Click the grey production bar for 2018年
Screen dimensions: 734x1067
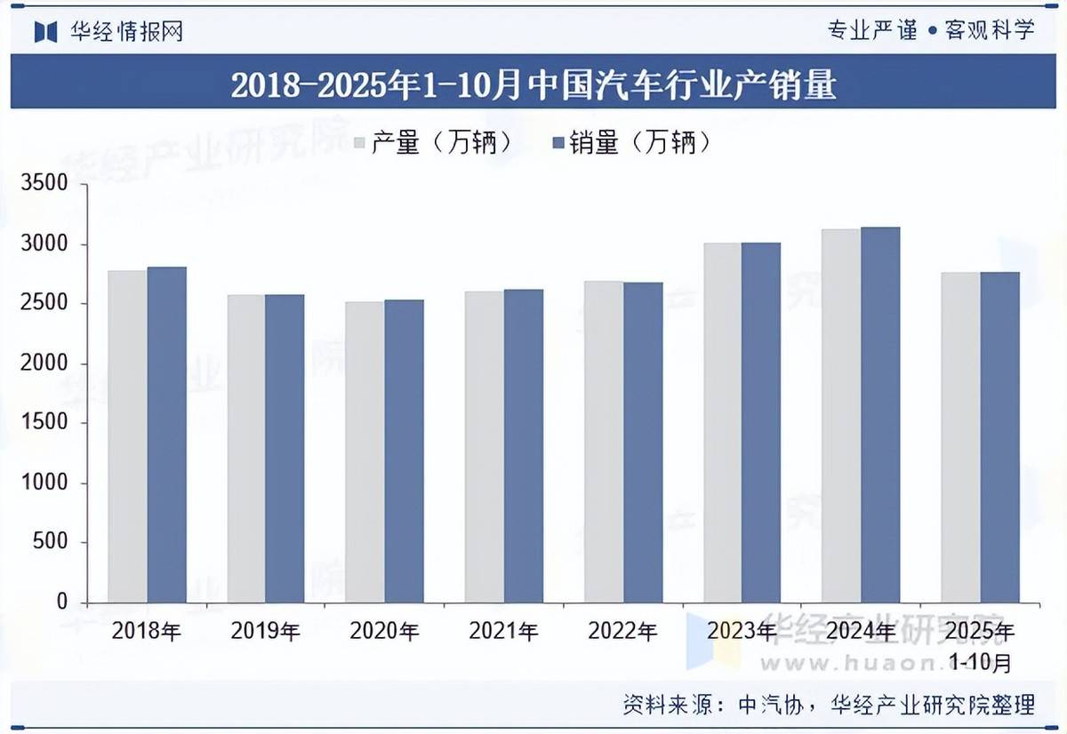[128, 435]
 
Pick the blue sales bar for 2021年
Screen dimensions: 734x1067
[524, 445]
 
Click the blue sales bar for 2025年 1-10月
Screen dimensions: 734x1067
[999, 436]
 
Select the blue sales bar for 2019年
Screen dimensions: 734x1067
[285, 448]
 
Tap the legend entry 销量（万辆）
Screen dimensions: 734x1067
[631, 142]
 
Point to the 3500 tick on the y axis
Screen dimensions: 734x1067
[50, 184]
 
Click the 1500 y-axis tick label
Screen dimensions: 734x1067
[50, 423]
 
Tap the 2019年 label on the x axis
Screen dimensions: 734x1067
[265, 632]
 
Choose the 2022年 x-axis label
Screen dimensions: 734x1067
[622, 632]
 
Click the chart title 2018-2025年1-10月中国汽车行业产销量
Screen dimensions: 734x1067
[533, 85]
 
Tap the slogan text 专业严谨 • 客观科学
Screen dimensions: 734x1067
[931, 30]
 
